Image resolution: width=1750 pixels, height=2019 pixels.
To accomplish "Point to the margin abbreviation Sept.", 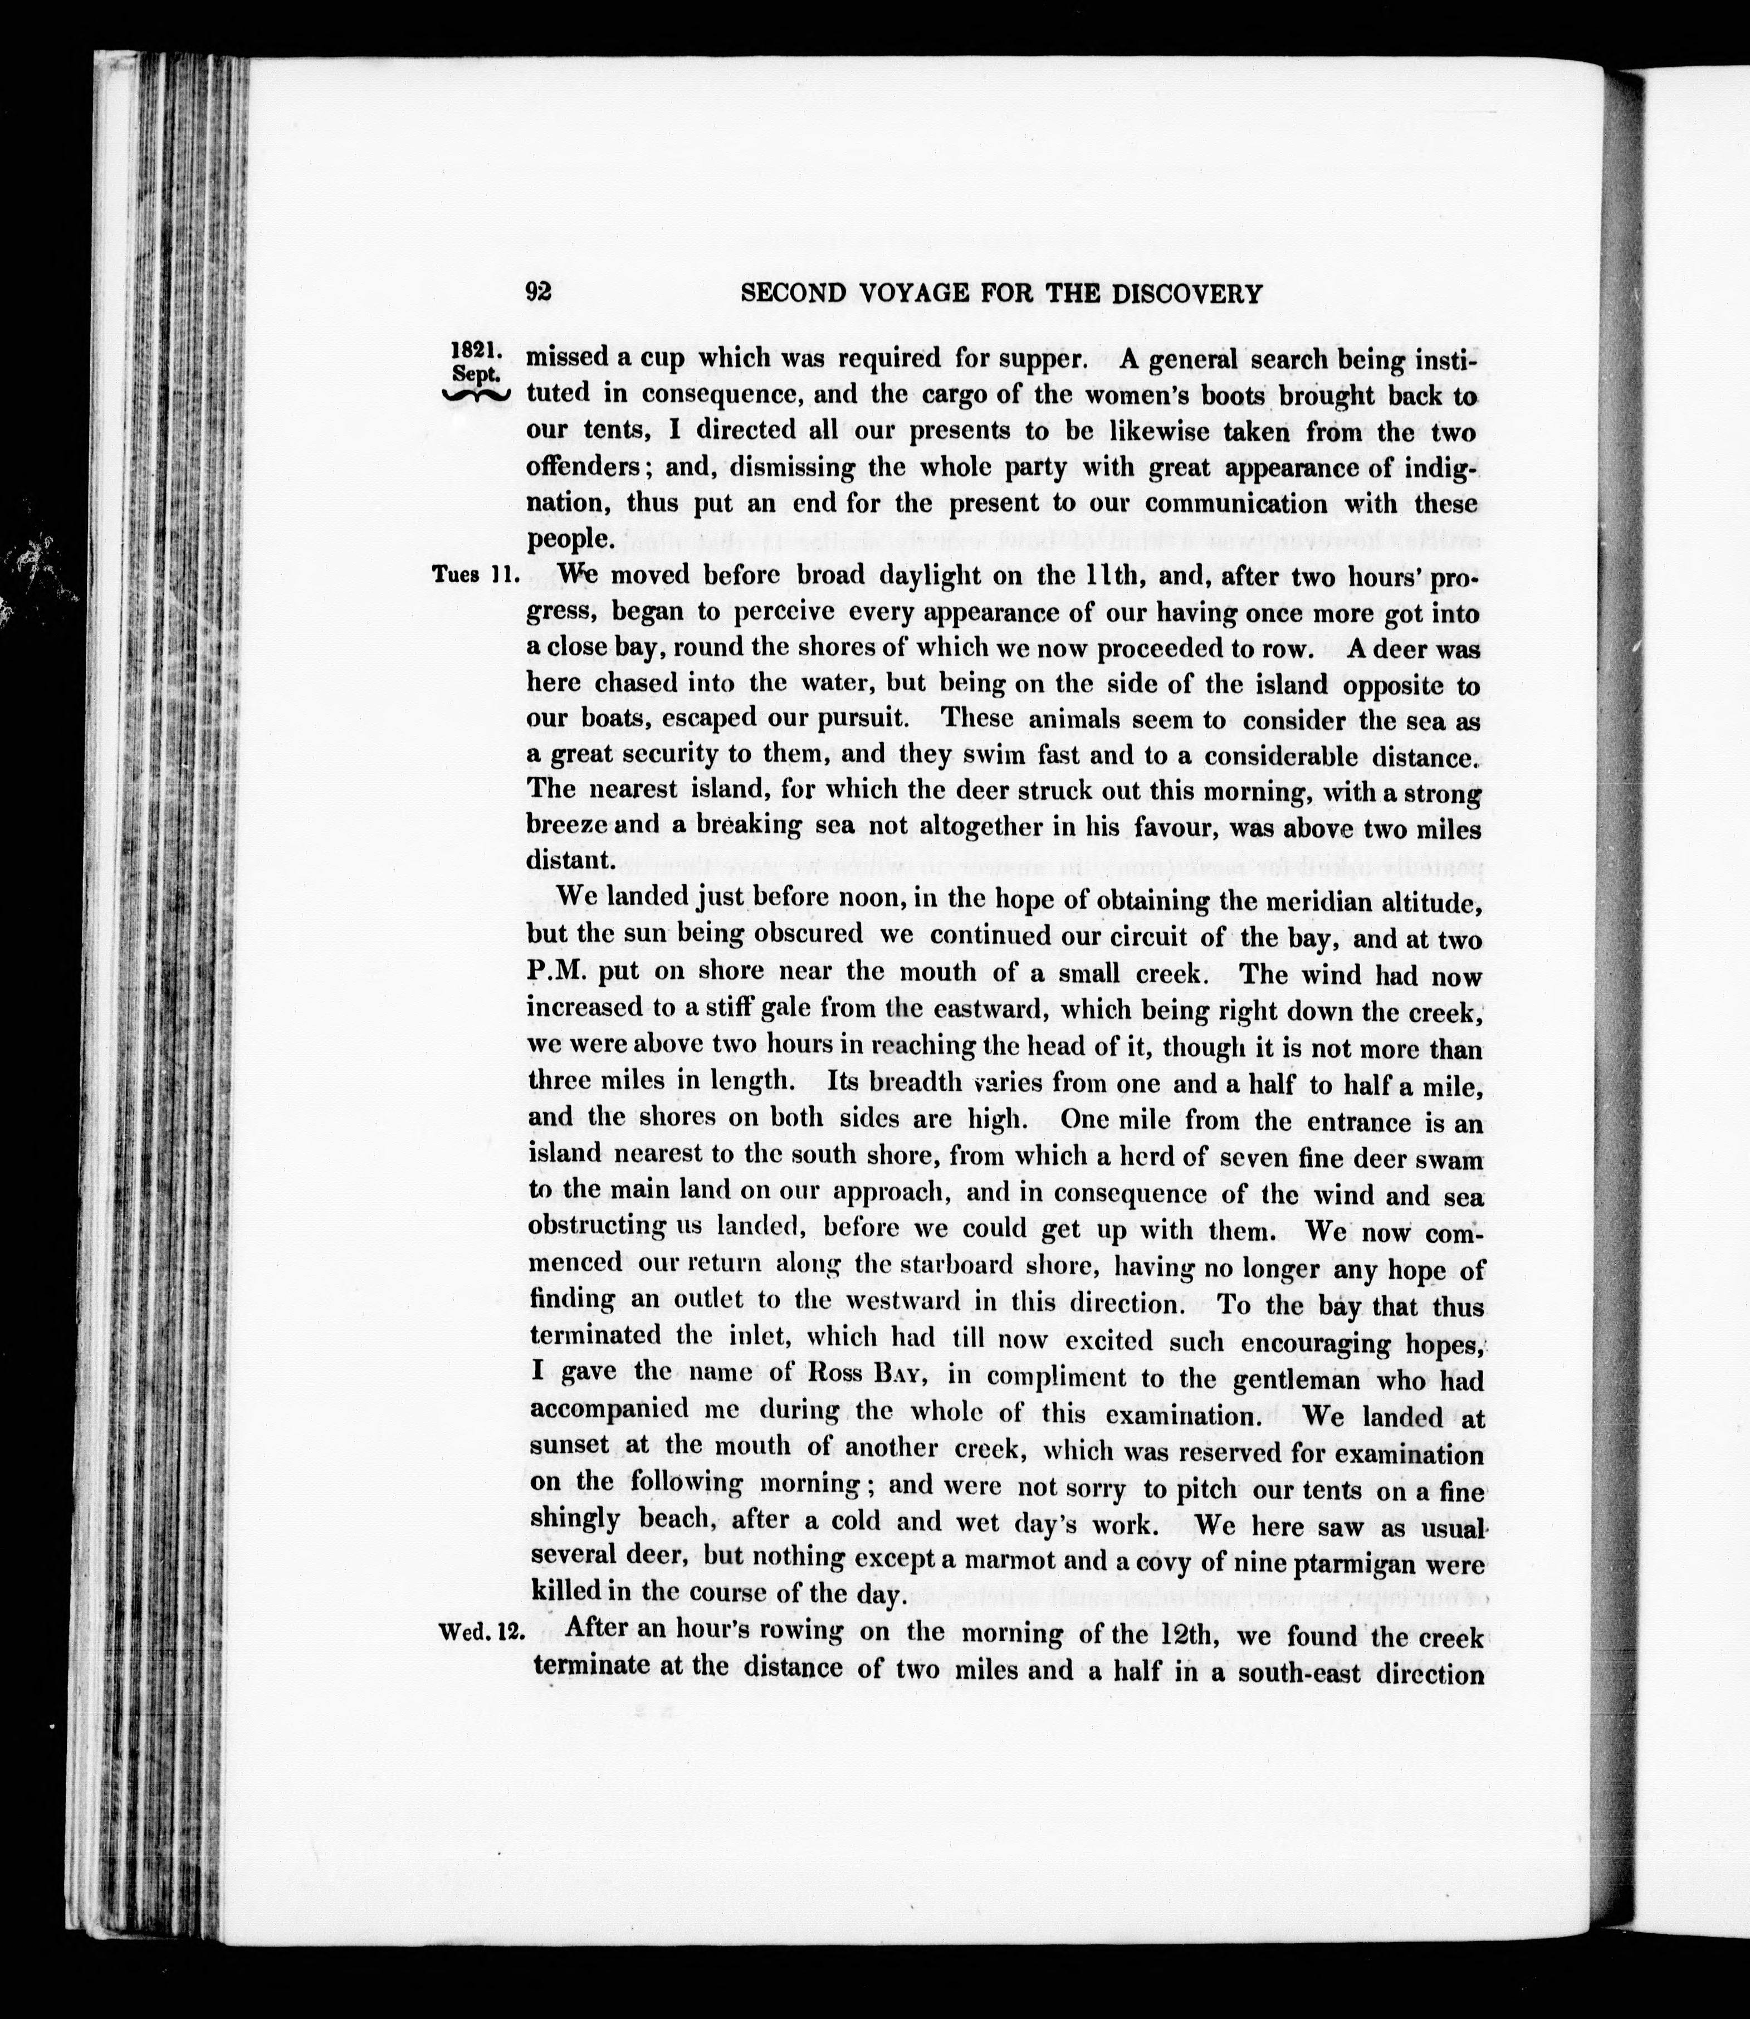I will [477, 373].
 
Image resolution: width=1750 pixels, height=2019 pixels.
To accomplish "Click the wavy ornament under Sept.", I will [476, 394].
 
